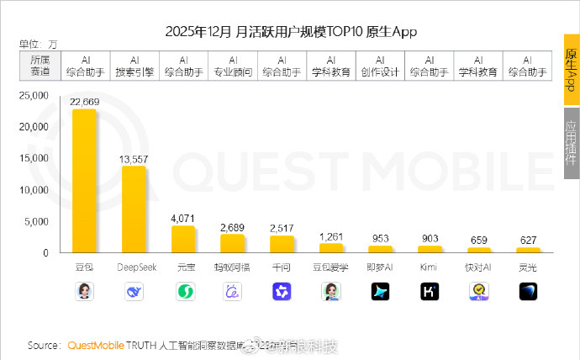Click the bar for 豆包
[84, 181]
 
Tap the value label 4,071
[183, 219]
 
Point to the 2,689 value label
[232, 227]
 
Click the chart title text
[291, 32]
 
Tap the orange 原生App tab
[570, 71]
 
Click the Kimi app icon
[430, 291]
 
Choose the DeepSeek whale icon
[134, 291]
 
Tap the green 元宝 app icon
[183, 291]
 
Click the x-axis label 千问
[282, 268]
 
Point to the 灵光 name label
[528, 268]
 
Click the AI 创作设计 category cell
[381, 66]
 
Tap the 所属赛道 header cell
[40, 66]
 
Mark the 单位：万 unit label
[39, 43]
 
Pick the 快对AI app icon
[479, 291]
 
